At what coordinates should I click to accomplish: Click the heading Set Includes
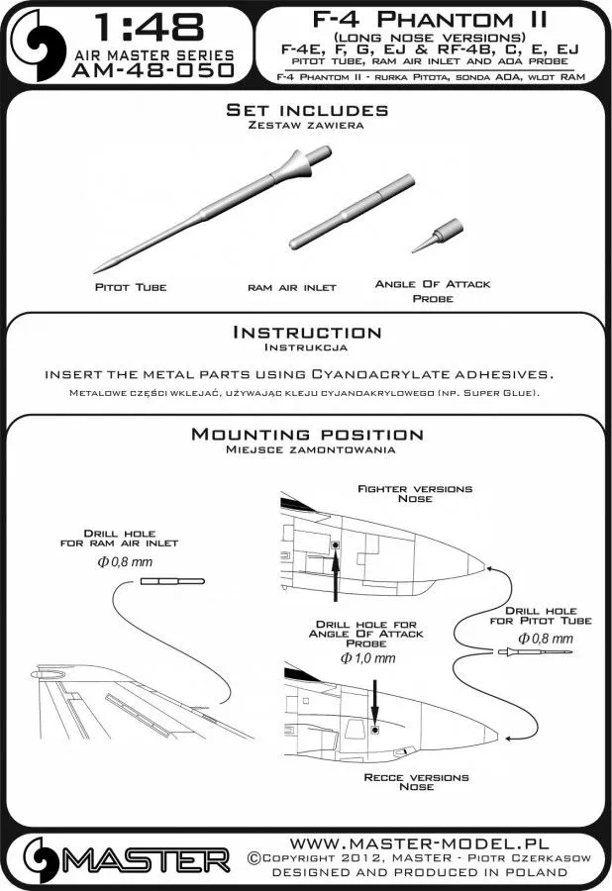tap(306, 111)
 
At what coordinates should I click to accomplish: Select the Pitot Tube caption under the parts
tap(133, 287)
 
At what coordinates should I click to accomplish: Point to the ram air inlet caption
tap(292, 287)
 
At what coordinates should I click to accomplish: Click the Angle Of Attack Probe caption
tap(432, 290)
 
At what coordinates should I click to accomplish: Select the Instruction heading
tap(306, 333)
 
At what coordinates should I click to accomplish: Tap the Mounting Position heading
tap(306, 435)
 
